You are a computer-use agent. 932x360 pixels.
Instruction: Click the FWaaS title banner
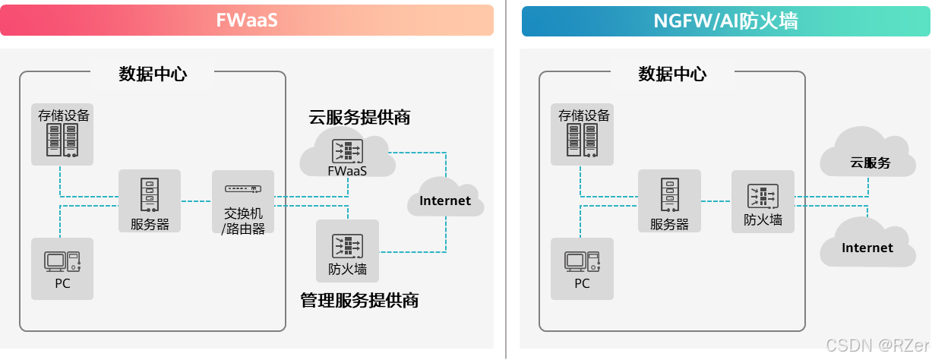point(247,21)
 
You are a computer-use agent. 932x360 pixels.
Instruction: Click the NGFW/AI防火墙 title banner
point(725,21)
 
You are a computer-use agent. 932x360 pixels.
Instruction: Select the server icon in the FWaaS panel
point(150,194)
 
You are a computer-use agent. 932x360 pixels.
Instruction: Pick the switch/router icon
point(243,188)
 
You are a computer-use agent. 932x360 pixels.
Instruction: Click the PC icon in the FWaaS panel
point(62,261)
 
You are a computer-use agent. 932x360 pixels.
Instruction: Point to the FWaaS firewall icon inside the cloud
point(347,150)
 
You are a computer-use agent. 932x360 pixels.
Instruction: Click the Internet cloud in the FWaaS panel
point(445,201)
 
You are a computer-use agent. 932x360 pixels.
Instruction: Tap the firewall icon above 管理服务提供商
point(347,245)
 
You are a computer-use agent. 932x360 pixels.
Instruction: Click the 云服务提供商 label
point(359,117)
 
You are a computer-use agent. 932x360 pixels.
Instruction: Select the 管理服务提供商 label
point(359,300)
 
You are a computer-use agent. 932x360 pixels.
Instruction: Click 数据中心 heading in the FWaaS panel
point(153,74)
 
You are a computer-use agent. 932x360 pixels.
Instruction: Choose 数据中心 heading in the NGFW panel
point(672,74)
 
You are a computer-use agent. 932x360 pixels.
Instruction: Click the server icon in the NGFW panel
point(669,194)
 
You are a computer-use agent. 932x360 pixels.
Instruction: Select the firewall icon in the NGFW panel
point(763,195)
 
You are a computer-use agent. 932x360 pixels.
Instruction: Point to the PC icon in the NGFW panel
point(582,261)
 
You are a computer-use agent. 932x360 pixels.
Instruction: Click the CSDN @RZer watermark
point(877,344)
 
